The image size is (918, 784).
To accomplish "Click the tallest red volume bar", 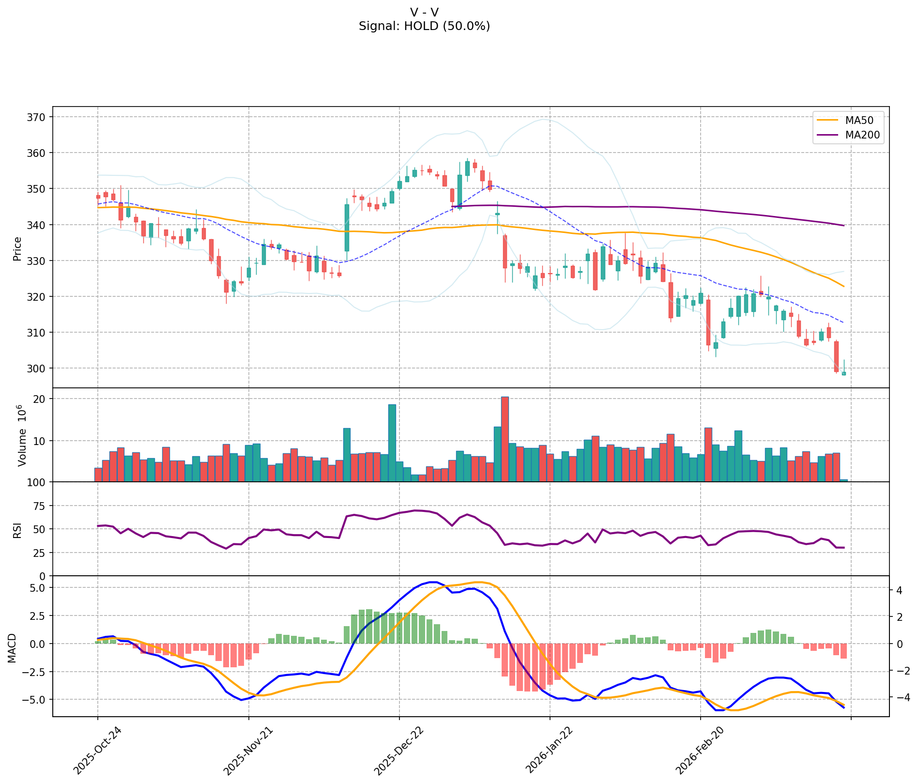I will pyautogui.click(x=505, y=439).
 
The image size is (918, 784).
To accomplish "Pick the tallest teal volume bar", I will pyautogui.click(x=392, y=443).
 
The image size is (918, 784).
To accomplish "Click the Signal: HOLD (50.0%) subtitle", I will pyautogui.click(x=424, y=27).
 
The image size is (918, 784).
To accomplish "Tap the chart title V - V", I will pyautogui.click(x=424, y=13).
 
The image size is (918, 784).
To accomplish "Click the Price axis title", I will pyautogui.click(x=17, y=248).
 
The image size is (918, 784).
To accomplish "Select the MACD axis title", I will pyautogui.click(x=12, y=647).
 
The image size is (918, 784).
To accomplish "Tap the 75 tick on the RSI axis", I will pyautogui.click(x=39, y=506).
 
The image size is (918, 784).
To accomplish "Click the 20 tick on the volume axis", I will pyautogui.click(x=39, y=399).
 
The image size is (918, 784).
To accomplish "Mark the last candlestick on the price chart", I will pyautogui.click(x=844, y=373).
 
